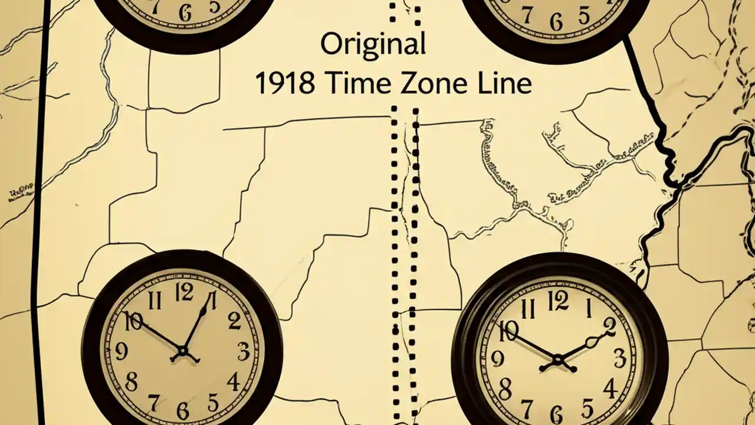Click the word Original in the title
tap(372, 45)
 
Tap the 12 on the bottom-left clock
tap(184, 292)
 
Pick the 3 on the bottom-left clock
tap(244, 352)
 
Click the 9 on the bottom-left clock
tap(121, 352)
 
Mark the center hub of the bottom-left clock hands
tap(182, 354)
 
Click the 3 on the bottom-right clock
tap(619, 358)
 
